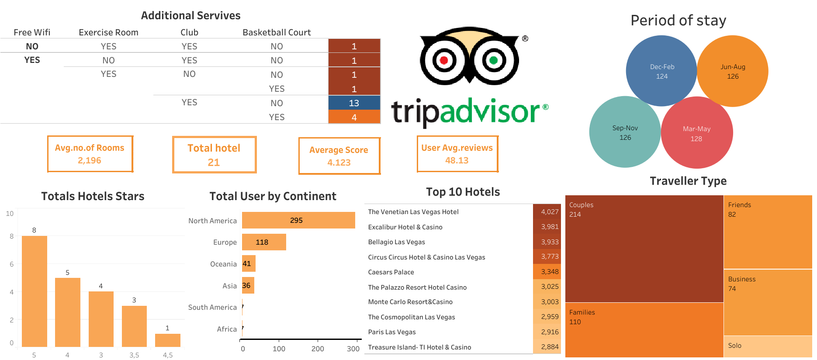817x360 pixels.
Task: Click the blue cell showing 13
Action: point(354,103)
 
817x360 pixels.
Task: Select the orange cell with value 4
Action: point(354,117)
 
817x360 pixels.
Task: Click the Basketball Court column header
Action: point(277,32)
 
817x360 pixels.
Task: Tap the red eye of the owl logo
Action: point(444,60)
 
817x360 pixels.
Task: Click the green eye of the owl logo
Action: point(493,60)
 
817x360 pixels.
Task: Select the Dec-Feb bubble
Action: point(661,71)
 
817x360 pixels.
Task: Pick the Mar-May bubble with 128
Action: point(696,133)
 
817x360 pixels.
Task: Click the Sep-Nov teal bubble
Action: point(625,132)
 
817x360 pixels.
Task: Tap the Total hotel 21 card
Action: point(214,155)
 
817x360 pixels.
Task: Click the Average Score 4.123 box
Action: point(339,156)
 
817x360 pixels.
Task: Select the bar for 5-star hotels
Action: point(35,291)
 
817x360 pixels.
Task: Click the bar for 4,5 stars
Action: point(168,340)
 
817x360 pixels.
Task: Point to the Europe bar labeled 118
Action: point(264,242)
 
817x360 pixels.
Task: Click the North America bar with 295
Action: point(298,220)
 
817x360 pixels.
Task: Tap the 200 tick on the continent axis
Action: point(318,349)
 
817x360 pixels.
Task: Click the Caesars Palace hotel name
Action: point(391,272)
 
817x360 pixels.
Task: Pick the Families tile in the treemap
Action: point(644,330)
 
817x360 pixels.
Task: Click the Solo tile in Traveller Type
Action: point(768,346)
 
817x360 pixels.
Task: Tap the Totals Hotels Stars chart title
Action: point(93,196)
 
